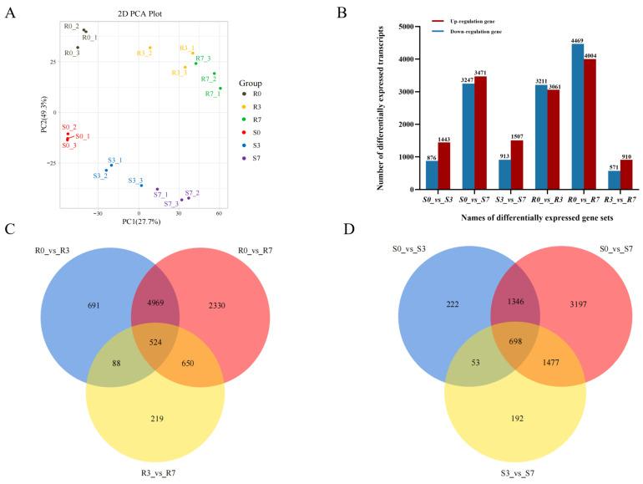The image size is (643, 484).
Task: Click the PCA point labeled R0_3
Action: click(x=78, y=48)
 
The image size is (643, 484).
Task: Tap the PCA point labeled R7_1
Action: click(x=220, y=89)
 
